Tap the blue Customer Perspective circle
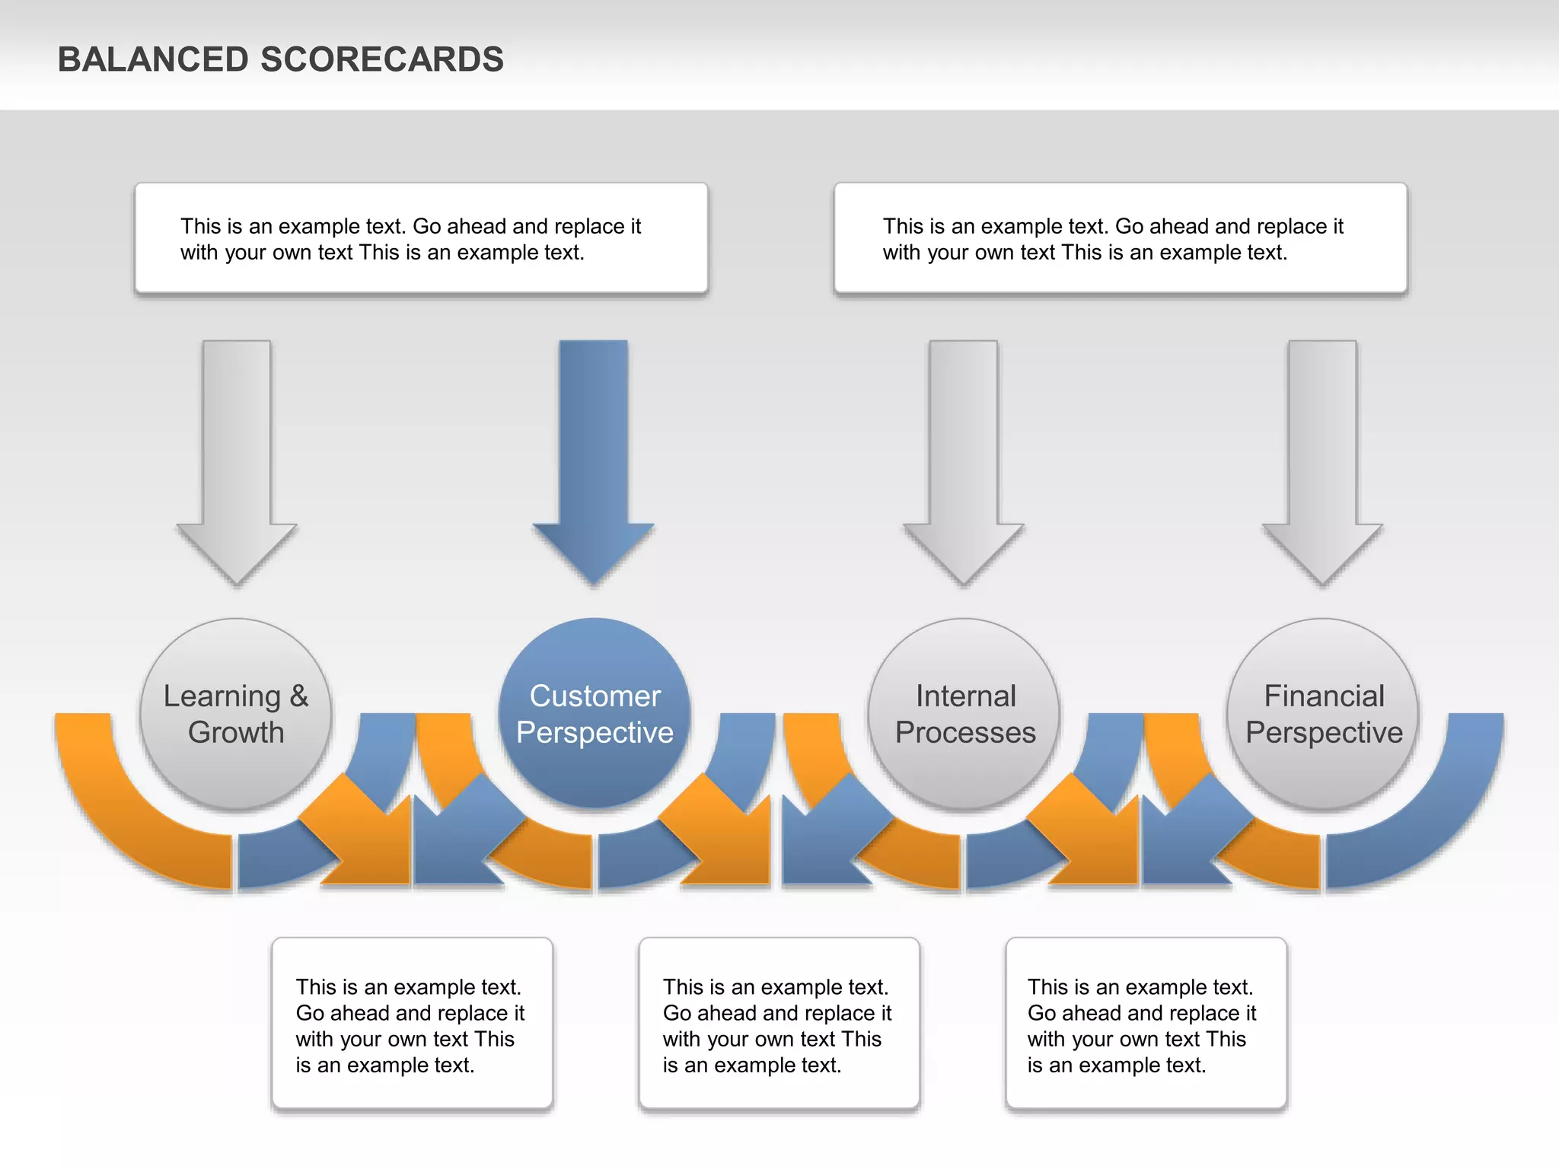click(x=595, y=769)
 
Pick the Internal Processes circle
click(x=964, y=769)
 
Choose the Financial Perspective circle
click(x=1323, y=769)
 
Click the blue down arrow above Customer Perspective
click(x=594, y=457)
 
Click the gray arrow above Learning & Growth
click(x=237, y=457)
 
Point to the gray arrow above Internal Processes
click(x=964, y=457)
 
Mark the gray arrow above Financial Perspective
click(x=1322, y=457)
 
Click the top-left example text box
click(x=421, y=238)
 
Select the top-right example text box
click(x=1121, y=238)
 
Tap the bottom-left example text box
click(x=412, y=1024)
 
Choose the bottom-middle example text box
click(x=779, y=1024)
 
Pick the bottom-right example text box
click(x=1146, y=1024)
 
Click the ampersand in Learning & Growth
click(x=298, y=696)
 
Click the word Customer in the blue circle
click(x=595, y=696)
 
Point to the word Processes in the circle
click(x=965, y=732)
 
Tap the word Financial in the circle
click(x=1324, y=696)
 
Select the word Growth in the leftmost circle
click(x=236, y=732)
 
